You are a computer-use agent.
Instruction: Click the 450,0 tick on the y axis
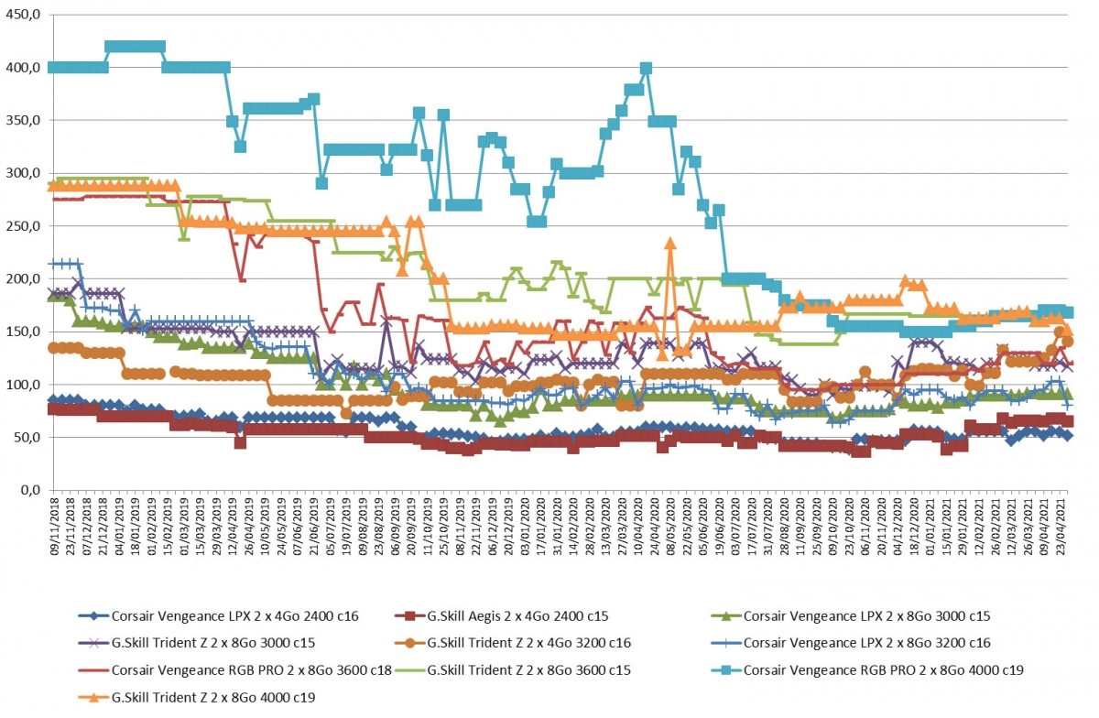pyautogui.click(x=23, y=15)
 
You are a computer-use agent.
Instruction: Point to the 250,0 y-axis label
pyautogui.click(x=23, y=226)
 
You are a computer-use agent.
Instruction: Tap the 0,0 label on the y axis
pyautogui.click(x=30, y=490)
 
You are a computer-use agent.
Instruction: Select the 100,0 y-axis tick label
pyautogui.click(x=23, y=385)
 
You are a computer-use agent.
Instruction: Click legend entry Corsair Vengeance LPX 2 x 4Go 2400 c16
pyautogui.click(x=218, y=616)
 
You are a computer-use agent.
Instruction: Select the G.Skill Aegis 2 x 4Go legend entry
pyautogui.click(x=502, y=616)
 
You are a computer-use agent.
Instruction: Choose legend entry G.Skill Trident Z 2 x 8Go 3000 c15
pyautogui.click(x=196, y=643)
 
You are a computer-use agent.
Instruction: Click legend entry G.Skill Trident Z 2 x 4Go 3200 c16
pyautogui.click(x=512, y=643)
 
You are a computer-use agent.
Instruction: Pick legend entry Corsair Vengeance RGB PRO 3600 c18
pyautogui.click(x=234, y=669)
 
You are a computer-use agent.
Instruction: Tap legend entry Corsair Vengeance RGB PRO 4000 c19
pyautogui.click(x=867, y=669)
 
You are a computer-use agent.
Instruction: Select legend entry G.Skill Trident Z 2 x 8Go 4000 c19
pyautogui.click(x=196, y=697)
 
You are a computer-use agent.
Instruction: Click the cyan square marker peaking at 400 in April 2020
pyautogui.click(x=647, y=68)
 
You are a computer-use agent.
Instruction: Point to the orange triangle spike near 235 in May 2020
pyautogui.click(x=670, y=244)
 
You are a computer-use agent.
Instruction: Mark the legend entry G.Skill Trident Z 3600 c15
pyautogui.click(x=512, y=669)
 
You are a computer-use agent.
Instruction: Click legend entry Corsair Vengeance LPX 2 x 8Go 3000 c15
pyautogui.click(x=851, y=616)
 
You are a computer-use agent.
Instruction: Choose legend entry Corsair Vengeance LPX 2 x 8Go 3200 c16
pyautogui.click(x=851, y=643)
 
